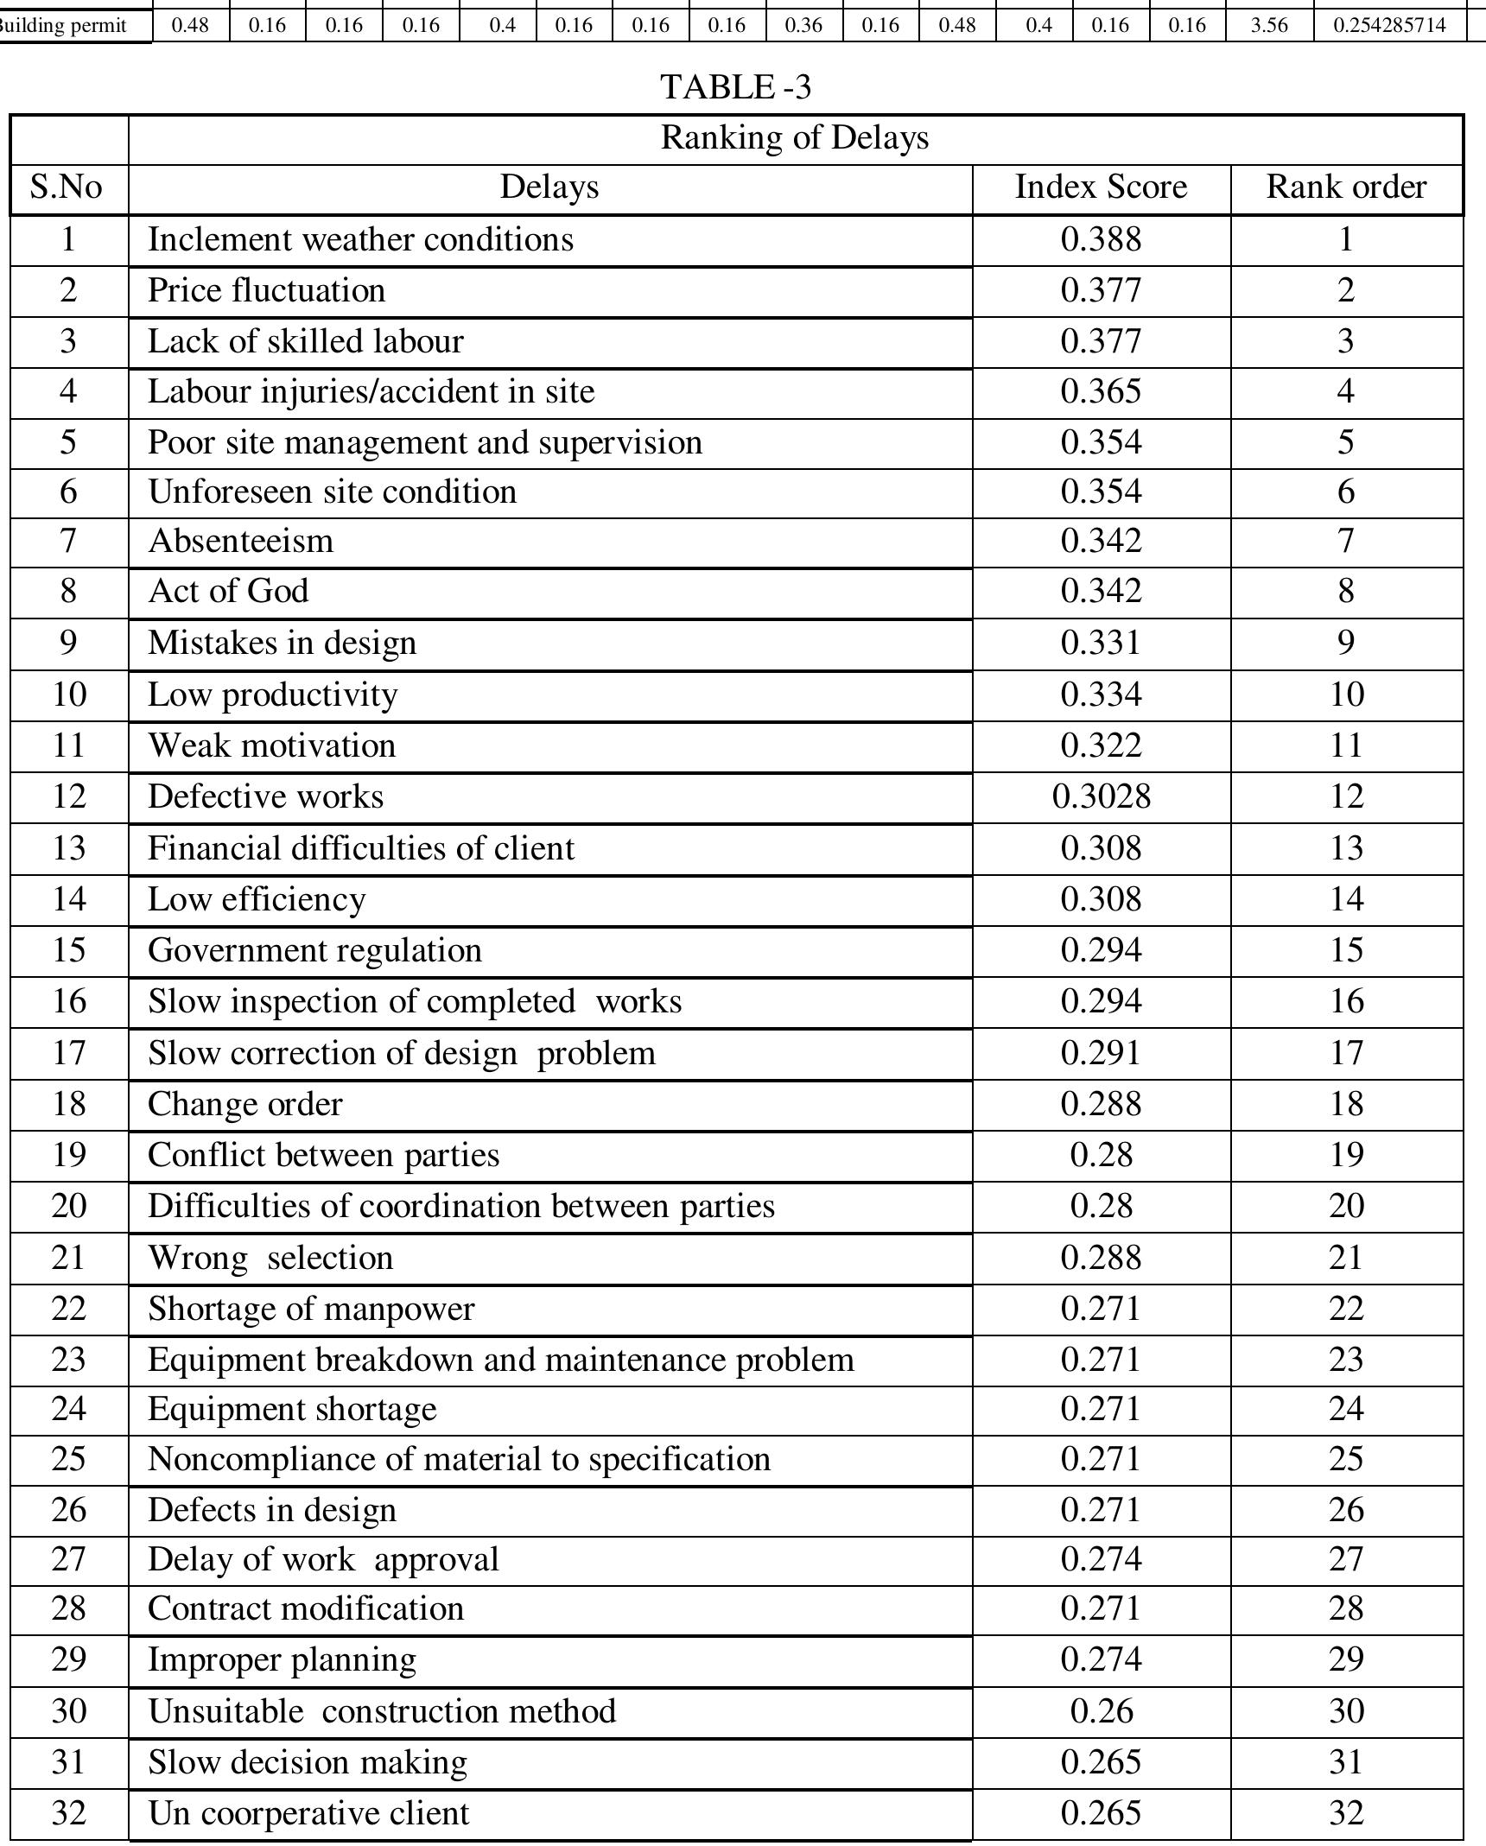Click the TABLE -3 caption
735,87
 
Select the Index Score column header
1100,187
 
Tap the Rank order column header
1345,187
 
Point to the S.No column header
67,187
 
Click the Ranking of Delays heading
794,138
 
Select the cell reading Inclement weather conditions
360,239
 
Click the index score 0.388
1101,239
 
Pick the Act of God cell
228,592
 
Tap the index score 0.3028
1101,796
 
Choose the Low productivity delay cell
273,695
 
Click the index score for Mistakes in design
1101,644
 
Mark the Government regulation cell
314,950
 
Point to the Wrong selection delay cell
270,1258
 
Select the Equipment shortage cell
292,1410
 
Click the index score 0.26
1101,1711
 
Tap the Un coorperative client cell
308,1812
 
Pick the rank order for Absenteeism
1345,542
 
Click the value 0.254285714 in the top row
1388,26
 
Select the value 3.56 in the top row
1268,26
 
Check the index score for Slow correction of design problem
1101,1053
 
